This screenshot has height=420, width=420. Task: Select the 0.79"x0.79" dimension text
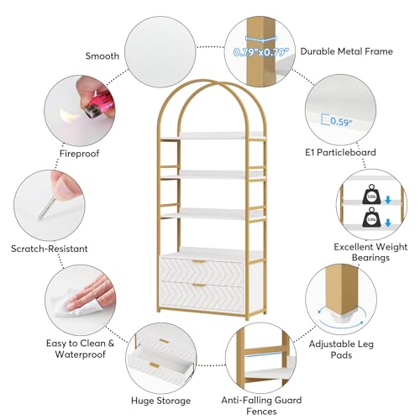260,52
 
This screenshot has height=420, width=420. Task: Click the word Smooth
102,56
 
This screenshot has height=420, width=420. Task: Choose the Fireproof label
79,154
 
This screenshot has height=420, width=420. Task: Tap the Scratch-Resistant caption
50,249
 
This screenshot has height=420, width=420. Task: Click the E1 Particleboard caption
340,152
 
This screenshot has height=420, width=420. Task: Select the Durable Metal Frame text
347,51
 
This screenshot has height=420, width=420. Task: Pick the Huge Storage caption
160,401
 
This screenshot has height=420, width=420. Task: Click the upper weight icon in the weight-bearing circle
371,194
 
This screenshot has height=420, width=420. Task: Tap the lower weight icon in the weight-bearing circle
371,218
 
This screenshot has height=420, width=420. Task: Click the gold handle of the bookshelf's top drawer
199,262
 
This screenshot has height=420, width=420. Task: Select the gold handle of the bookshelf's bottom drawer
199,286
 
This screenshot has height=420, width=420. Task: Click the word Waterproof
81,354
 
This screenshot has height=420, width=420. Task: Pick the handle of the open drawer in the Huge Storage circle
155,365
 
